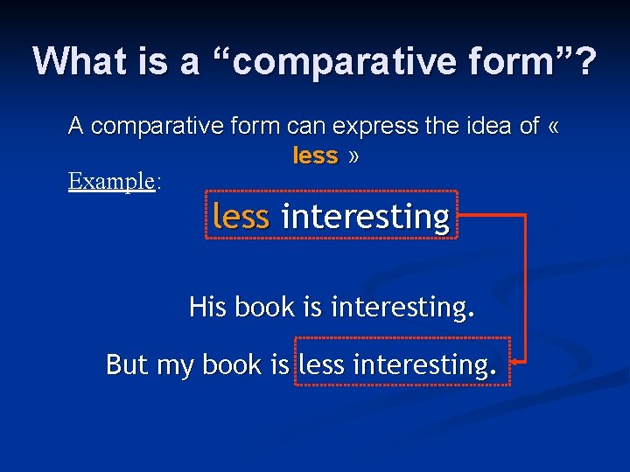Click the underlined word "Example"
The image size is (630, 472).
tap(111, 181)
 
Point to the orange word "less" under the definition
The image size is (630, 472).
tap(315, 156)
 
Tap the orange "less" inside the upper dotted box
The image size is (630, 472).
tap(241, 216)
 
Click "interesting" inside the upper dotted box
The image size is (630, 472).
tap(365, 216)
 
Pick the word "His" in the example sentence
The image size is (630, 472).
tap(207, 307)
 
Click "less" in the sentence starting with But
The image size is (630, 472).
tap(322, 364)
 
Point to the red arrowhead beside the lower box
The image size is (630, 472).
tap(516, 360)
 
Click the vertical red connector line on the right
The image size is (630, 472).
tap(525, 288)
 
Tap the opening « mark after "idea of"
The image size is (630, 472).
tap(552, 127)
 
